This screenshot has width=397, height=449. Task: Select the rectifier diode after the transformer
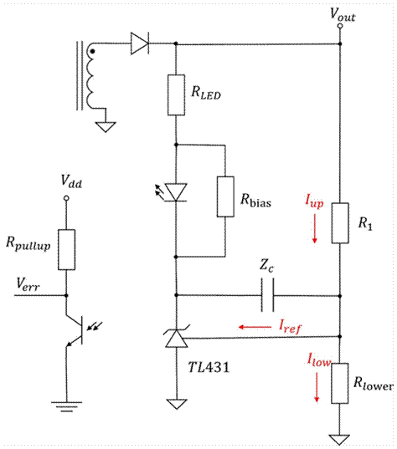click(140, 43)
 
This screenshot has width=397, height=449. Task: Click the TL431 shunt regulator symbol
click(175, 337)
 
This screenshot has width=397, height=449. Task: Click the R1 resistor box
click(339, 222)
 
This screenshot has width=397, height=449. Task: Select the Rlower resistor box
click(339, 381)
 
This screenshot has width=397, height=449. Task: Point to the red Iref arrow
click(250, 327)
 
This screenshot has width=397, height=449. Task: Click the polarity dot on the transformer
click(92, 52)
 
